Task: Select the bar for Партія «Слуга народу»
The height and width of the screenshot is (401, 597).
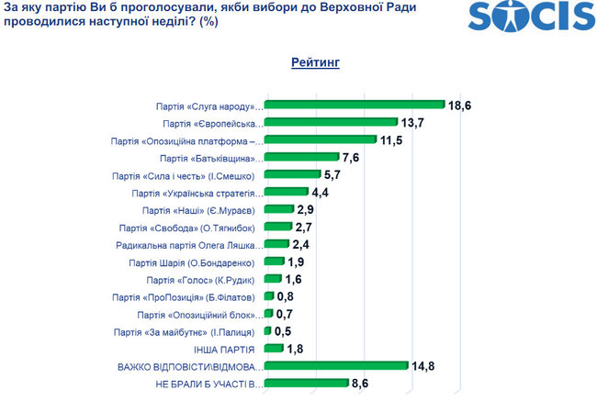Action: [x=355, y=105]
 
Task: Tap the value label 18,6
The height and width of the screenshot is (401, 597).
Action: [x=460, y=106]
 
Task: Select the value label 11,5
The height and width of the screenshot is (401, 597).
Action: [x=394, y=140]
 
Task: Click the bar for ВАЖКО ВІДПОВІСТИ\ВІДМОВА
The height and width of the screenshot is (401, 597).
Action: [x=336, y=366]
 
